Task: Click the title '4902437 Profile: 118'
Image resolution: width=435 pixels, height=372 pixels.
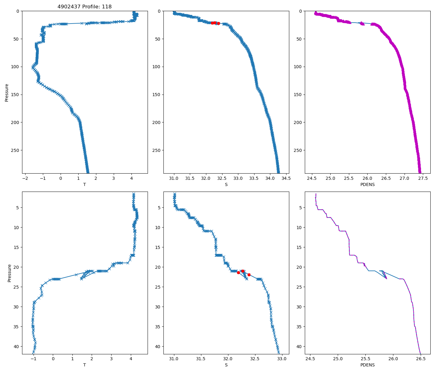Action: [x=85, y=7]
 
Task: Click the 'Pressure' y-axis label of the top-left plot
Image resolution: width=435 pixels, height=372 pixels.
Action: [x=7, y=92]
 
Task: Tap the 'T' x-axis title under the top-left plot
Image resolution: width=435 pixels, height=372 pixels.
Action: [x=85, y=184]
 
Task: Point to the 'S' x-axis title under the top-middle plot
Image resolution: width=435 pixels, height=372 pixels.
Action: [x=226, y=184]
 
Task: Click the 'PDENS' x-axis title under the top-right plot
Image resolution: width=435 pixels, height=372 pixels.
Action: [x=367, y=184]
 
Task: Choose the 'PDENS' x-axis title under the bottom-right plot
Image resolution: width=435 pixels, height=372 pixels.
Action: [x=367, y=365]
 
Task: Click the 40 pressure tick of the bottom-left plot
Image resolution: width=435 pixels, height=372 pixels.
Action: [x=16, y=347]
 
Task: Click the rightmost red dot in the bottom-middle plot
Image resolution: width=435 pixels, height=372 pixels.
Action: [x=249, y=275]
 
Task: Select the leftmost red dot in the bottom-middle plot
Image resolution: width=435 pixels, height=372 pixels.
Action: [x=238, y=272]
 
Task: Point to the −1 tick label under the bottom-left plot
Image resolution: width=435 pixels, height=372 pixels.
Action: [x=33, y=359]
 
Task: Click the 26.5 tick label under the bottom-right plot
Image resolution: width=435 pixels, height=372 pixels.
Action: [x=420, y=359]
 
